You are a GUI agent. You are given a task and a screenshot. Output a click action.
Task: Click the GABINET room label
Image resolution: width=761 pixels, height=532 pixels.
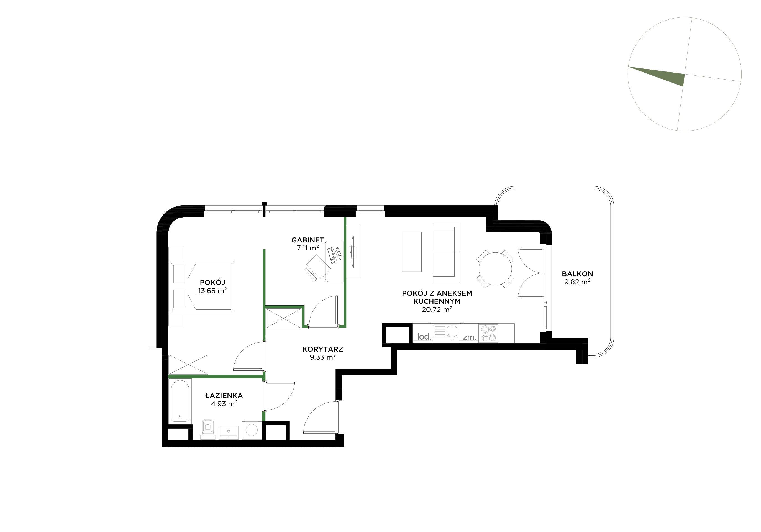(308, 240)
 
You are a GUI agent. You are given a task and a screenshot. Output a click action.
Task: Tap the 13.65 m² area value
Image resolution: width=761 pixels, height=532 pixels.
(212, 291)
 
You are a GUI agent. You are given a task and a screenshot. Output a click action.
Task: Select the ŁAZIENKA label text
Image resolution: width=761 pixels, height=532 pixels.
(224, 395)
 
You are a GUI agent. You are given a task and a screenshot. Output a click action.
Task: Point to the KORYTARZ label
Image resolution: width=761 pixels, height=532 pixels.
(322, 349)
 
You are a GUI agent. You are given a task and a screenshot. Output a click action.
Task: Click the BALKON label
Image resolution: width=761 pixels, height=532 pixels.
(577, 274)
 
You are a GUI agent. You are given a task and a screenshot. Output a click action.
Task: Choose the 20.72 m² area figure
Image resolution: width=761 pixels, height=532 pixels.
(437, 310)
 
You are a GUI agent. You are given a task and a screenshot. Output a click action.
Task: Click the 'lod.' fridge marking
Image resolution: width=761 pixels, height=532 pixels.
(424, 337)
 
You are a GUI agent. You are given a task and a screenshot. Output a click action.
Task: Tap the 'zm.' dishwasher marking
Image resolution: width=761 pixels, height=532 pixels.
(469, 337)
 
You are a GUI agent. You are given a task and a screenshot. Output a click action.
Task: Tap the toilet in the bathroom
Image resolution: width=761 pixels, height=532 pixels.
(208, 429)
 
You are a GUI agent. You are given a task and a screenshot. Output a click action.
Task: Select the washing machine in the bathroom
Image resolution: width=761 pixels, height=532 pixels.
(252, 430)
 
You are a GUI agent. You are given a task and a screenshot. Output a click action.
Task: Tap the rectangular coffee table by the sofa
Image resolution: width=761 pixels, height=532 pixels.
(412, 252)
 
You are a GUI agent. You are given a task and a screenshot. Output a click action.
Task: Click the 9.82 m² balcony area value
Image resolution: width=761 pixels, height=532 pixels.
(577, 282)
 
